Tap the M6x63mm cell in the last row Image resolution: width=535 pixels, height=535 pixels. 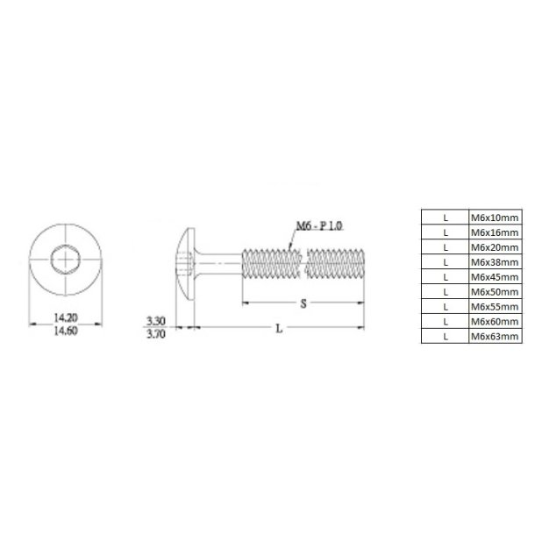click(x=496, y=336)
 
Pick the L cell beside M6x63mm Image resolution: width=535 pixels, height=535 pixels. click(x=446, y=336)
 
